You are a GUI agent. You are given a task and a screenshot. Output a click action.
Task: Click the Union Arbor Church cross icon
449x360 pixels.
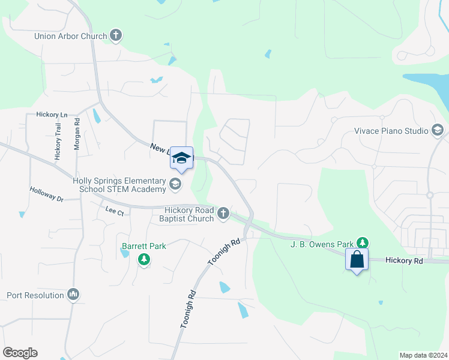pos(116,35)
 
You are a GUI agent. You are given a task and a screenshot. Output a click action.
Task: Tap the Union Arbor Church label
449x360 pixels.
pos(70,36)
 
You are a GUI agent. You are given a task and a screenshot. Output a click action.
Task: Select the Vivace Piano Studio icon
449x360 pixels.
pos(437,130)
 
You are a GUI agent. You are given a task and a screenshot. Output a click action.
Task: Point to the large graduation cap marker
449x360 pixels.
pos(181,158)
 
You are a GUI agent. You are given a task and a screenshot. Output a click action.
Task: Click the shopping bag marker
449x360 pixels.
pos(357,260)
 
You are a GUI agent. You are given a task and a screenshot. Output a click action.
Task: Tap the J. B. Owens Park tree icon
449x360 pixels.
pos(362,243)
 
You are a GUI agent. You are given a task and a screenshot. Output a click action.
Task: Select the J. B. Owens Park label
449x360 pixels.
pos(322,244)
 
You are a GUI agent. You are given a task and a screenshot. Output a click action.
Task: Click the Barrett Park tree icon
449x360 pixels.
pos(143,259)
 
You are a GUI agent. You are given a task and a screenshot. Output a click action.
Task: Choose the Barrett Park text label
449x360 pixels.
pos(143,246)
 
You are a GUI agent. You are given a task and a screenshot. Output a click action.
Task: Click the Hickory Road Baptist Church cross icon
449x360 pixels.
pos(223,212)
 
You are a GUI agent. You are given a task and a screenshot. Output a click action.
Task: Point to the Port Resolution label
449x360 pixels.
pos(35,295)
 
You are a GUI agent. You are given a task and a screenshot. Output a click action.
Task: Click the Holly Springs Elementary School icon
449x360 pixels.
pos(175,184)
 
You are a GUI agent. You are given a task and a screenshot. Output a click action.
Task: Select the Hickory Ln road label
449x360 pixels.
pos(52,114)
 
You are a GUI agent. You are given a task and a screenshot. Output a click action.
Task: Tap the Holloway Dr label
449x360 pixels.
pos(46,193)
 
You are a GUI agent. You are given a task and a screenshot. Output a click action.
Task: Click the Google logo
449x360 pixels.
pos(20,353)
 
